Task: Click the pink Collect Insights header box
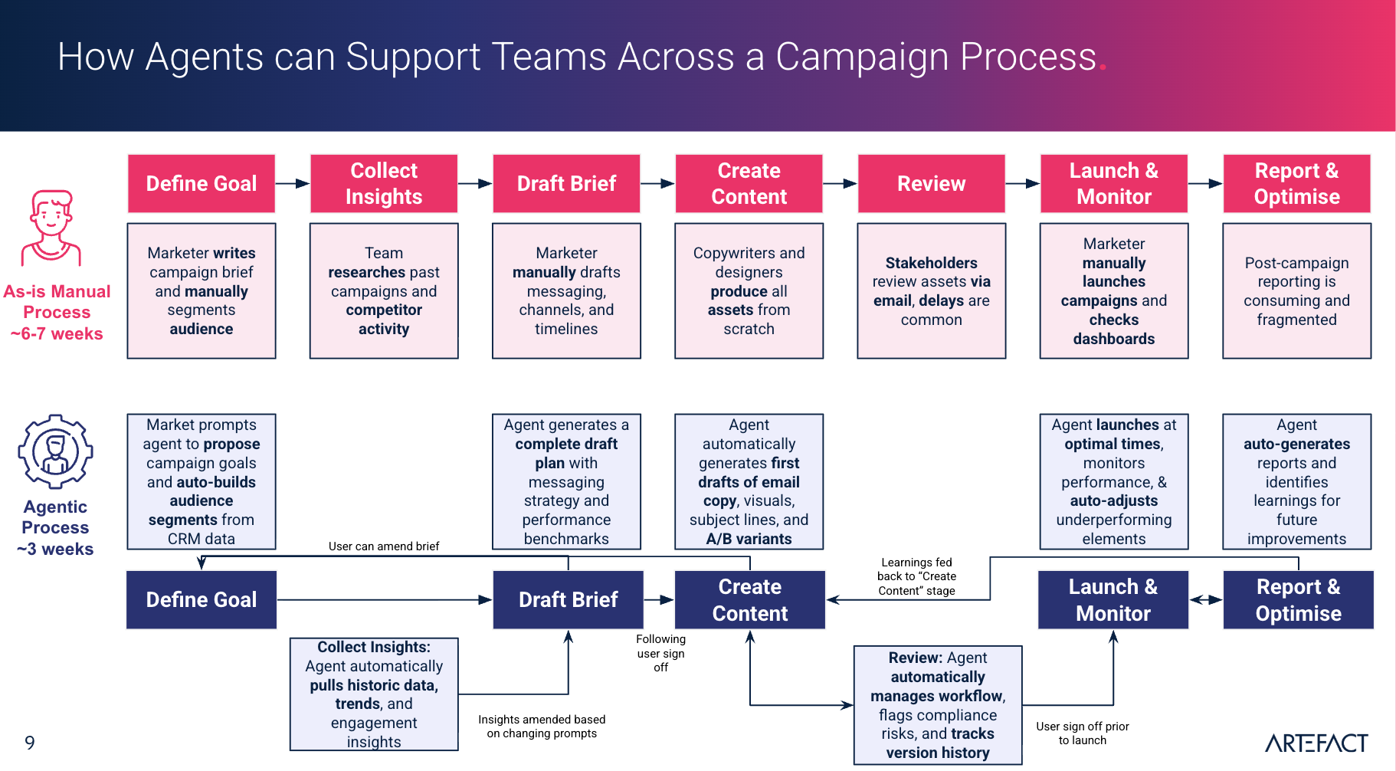pyautogui.click(x=384, y=184)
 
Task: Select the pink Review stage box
pyautogui.click(x=931, y=184)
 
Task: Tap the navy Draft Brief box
pyautogui.click(x=568, y=600)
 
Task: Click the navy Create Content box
pyautogui.click(x=749, y=600)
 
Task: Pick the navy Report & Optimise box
pyautogui.click(x=1298, y=600)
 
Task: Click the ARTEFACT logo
pyautogui.click(x=1316, y=743)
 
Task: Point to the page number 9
pyautogui.click(x=30, y=743)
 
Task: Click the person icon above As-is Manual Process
pyautogui.click(x=51, y=228)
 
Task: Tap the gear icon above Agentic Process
pyautogui.click(x=55, y=452)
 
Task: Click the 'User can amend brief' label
pyautogui.click(x=384, y=546)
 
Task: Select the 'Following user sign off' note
pyautogui.click(x=660, y=653)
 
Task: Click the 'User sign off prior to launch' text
pyautogui.click(x=1082, y=733)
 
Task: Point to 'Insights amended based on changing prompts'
pyautogui.click(x=542, y=726)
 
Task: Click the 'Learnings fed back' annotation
pyautogui.click(x=916, y=576)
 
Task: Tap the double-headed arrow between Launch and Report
pyautogui.click(x=1205, y=600)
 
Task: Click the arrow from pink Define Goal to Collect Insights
pyautogui.click(x=292, y=184)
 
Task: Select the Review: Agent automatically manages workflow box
pyautogui.click(x=938, y=705)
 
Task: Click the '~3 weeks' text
pyautogui.click(x=55, y=550)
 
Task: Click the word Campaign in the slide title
pyautogui.click(x=860, y=57)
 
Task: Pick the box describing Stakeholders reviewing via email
pyautogui.click(x=931, y=291)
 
